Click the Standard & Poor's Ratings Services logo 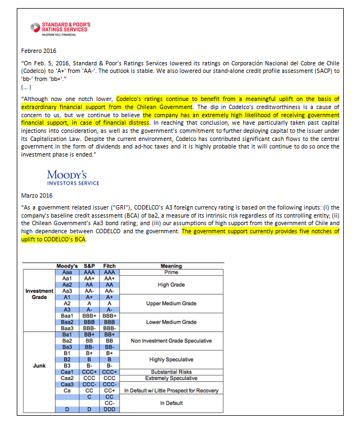[61, 29]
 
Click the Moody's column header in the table [67, 266]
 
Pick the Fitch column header [109, 266]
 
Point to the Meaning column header [171, 266]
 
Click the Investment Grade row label [39, 294]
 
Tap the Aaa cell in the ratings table [67, 272]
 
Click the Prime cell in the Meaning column [171, 272]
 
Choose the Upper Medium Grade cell [171, 303]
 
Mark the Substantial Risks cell [171, 371]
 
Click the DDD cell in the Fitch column [109, 410]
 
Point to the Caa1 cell [67, 371]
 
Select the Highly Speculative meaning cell [171, 359]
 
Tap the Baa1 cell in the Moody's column [67, 315]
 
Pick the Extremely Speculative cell [171, 378]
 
